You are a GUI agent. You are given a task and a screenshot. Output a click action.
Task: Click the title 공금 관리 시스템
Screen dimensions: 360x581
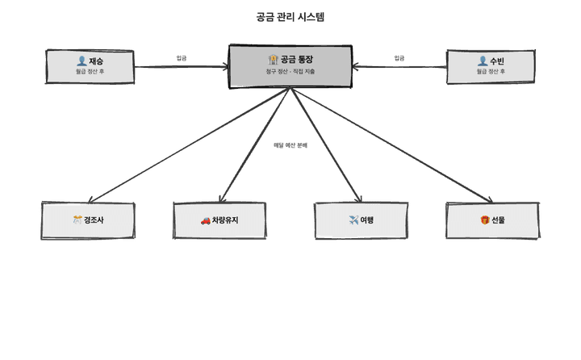[290, 17]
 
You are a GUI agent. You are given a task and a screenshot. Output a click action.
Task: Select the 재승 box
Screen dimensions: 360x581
[90, 66]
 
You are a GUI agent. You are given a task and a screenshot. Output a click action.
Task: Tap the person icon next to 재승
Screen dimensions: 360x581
[82, 61]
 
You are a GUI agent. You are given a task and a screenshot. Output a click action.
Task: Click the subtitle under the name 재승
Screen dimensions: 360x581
[90, 72]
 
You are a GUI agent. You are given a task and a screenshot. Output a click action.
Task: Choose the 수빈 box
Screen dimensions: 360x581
[491, 66]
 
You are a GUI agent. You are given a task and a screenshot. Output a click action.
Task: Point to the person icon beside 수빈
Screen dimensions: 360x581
[482, 61]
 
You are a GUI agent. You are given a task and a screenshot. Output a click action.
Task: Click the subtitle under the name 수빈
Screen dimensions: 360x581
[491, 72]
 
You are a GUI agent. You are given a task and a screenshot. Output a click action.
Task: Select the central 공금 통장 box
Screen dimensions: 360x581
[290, 66]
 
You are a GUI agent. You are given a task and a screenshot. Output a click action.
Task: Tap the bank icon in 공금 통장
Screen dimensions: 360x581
[273, 60]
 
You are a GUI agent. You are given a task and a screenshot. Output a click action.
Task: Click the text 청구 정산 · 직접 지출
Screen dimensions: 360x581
[290, 72]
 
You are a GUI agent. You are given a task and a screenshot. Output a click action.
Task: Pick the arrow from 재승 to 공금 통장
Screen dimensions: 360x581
[182, 66]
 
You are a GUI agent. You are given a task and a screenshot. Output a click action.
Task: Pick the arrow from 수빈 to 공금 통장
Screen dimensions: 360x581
[399, 66]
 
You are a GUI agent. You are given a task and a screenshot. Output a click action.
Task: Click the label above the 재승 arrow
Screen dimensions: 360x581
[182, 58]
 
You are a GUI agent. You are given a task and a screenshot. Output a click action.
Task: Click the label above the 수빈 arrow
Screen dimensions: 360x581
[399, 58]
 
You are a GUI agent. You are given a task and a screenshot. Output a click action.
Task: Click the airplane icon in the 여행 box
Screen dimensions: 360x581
[353, 220]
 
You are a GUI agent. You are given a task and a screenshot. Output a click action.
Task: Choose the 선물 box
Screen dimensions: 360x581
[491, 220]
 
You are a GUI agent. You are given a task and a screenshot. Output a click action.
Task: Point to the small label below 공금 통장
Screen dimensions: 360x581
[290, 145]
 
